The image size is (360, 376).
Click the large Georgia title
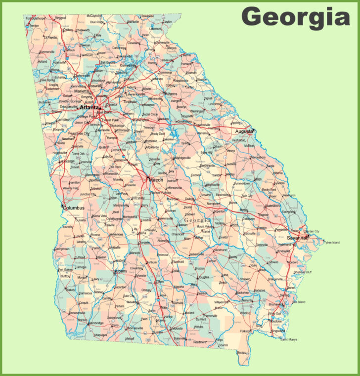pyautogui.click(x=295, y=17)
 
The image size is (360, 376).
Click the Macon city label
pyautogui.click(x=156, y=180)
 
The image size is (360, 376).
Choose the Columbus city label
pyautogui.click(x=74, y=208)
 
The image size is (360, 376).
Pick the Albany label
pyautogui.click(x=121, y=271)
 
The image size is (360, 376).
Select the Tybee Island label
pyautogui.click(x=332, y=243)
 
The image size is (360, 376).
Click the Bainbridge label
pyautogui.click(x=95, y=323)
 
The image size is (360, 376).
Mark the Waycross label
pyautogui.click(x=221, y=302)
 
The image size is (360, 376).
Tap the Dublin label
pyautogui.click(x=190, y=199)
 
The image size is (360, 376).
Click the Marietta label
pyautogui.click(x=81, y=91)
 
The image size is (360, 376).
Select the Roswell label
pyautogui.click(x=94, y=85)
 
